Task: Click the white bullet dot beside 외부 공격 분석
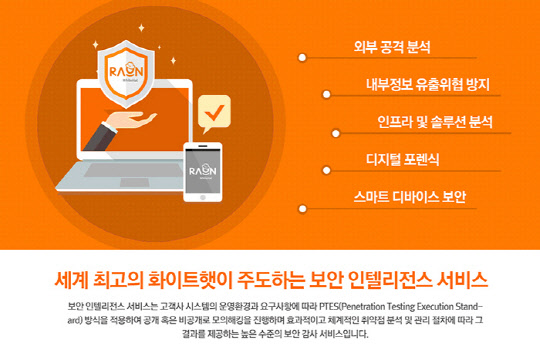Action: (x=301, y=58)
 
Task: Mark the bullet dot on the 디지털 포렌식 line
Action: (x=301, y=170)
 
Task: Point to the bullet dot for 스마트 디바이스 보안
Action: (x=301, y=207)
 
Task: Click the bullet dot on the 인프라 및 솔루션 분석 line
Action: (x=301, y=132)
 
